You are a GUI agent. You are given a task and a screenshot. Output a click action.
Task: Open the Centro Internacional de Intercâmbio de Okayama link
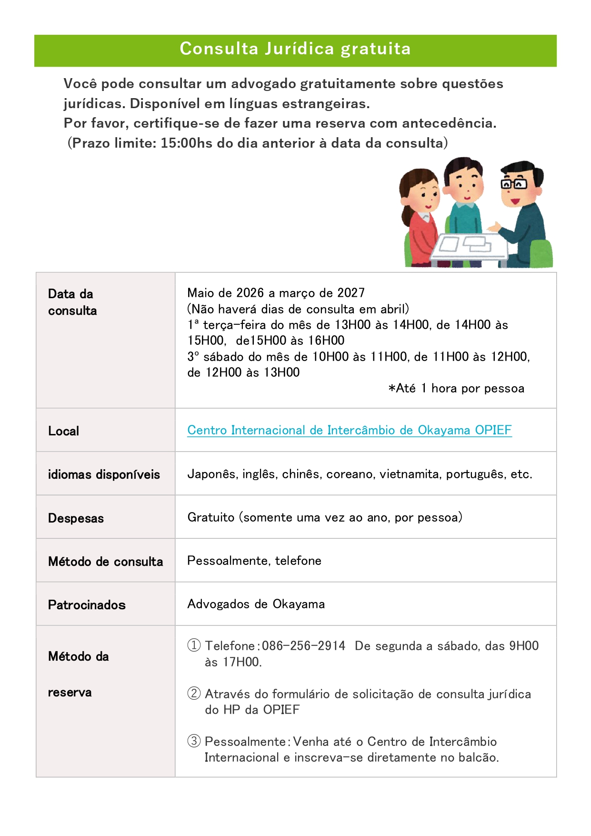[x=349, y=430]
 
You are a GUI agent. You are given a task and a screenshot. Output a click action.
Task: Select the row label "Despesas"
[x=76, y=518]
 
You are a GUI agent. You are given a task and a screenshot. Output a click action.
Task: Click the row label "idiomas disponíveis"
[x=104, y=474]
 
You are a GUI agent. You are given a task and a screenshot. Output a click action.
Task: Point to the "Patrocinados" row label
[x=87, y=605]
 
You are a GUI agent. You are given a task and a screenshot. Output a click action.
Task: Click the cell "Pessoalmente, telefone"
[x=254, y=561]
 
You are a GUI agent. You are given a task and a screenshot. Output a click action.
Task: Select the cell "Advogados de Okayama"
[x=256, y=604]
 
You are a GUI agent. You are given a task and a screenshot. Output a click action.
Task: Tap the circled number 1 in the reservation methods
[x=194, y=645]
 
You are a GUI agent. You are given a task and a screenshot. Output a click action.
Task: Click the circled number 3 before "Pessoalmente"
[x=194, y=741]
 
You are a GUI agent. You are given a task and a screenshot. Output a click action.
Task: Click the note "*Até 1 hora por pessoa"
[x=456, y=389]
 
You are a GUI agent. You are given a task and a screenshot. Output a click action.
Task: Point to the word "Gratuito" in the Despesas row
[x=211, y=517]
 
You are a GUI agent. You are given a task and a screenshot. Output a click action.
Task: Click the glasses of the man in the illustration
[x=513, y=184]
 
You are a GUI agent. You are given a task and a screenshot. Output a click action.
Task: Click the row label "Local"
[x=63, y=431]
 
